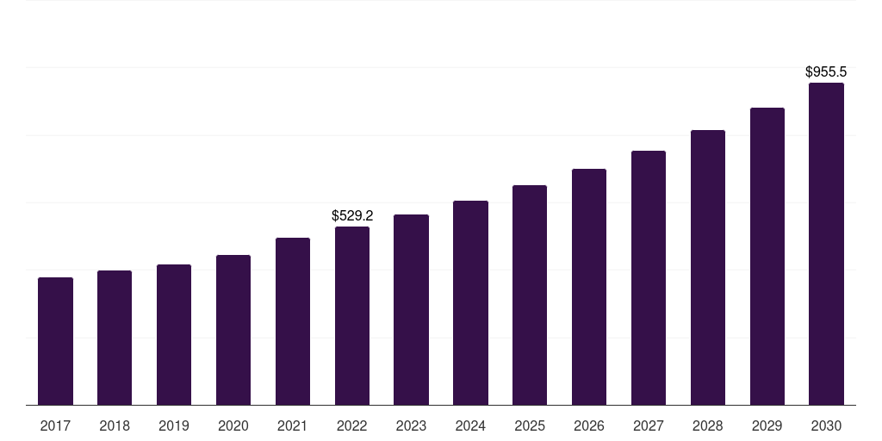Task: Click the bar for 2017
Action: [55, 341]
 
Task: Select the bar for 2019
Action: [174, 334]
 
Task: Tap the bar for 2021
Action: [293, 321]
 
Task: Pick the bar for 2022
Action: [352, 315]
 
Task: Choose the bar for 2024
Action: [470, 302]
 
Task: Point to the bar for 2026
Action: [589, 287]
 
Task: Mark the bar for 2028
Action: [708, 267]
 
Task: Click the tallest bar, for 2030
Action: [826, 244]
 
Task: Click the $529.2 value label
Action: [352, 216]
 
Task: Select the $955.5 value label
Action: [826, 72]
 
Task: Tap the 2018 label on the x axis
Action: [115, 425]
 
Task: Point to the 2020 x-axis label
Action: [233, 425]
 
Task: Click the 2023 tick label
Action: [411, 425]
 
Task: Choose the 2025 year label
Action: [530, 425]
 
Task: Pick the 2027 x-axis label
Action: [649, 425]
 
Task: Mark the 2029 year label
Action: [767, 425]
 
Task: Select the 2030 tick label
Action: [826, 425]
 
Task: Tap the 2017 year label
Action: [55, 425]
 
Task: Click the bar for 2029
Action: [767, 256]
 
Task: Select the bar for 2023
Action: [411, 309]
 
